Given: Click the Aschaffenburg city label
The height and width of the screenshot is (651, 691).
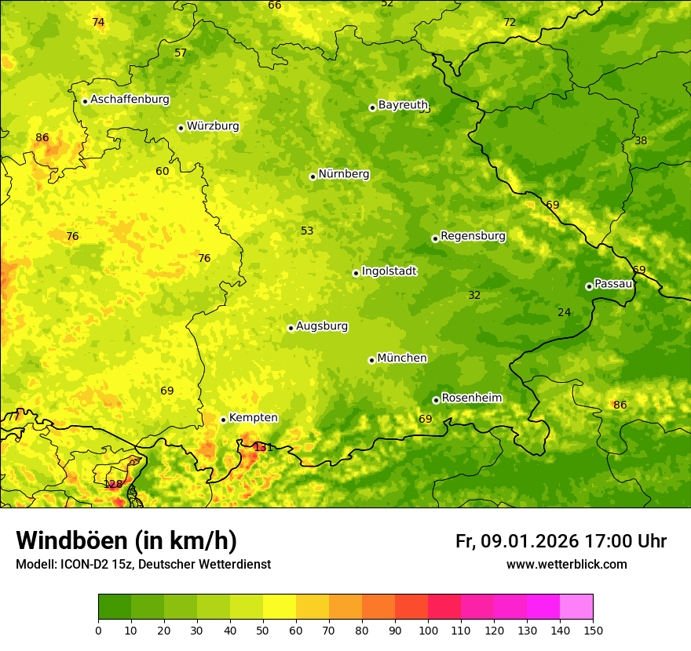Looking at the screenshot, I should [x=130, y=100].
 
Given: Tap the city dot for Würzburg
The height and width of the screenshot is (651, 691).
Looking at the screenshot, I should [x=181, y=128].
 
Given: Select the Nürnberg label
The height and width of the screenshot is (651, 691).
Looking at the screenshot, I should [x=343, y=174].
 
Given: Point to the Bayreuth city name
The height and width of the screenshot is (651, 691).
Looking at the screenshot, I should [x=403, y=105].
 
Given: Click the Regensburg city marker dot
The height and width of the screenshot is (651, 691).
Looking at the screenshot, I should [x=435, y=238].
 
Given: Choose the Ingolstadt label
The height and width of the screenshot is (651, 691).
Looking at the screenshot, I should [x=389, y=271].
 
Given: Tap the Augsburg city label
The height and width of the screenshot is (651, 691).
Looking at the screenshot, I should [x=321, y=326].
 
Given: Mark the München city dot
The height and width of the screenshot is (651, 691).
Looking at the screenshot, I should [x=371, y=360].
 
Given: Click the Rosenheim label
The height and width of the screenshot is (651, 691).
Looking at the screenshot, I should [x=471, y=398].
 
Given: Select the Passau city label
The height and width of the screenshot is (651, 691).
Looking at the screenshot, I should [x=613, y=284].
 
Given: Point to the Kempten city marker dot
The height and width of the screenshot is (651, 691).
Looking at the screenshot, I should [x=223, y=420].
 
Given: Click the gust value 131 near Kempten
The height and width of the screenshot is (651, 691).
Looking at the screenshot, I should [x=263, y=447].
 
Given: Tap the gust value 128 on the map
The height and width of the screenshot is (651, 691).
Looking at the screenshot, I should [x=113, y=484].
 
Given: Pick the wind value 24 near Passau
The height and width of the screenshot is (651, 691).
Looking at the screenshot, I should [x=564, y=313].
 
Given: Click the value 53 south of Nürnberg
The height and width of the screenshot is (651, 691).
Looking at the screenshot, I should [x=307, y=231].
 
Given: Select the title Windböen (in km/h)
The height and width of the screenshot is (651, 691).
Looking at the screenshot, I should [x=126, y=540].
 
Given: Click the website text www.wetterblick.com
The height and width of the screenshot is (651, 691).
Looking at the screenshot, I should [x=566, y=564].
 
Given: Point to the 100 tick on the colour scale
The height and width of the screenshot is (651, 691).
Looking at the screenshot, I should [x=428, y=629].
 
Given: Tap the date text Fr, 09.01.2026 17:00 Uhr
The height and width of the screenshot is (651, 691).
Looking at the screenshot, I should [x=561, y=541].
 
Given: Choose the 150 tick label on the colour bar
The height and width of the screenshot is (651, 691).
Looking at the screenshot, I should [x=593, y=629].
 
